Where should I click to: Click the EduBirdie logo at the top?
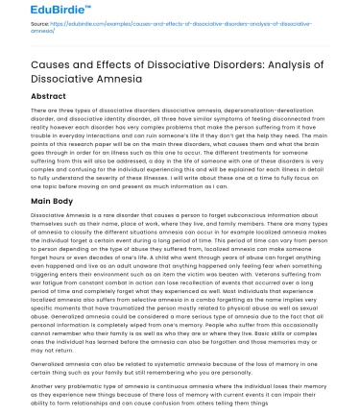coord(36,12)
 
